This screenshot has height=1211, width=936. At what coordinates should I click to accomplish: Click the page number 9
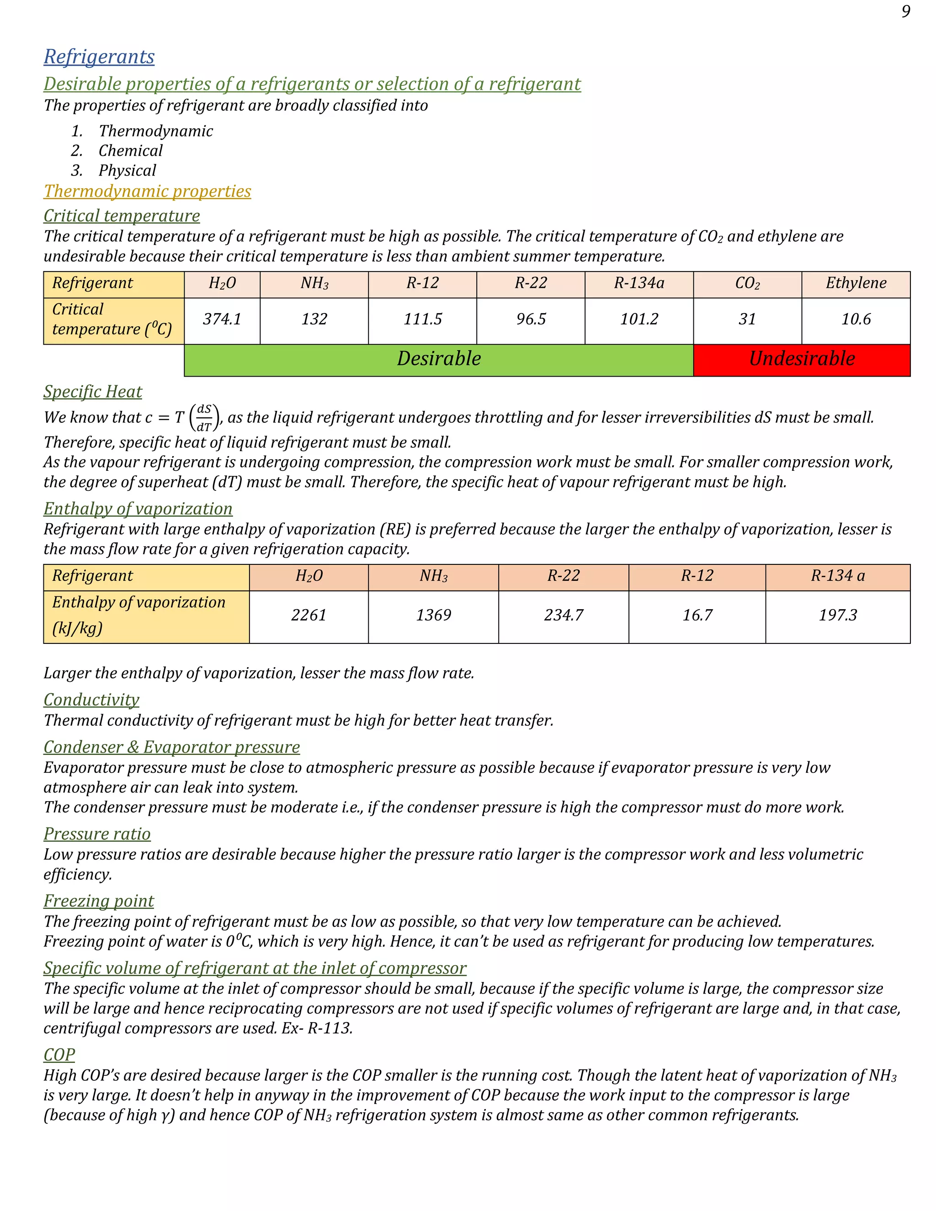point(905,11)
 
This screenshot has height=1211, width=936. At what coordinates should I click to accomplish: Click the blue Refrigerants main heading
point(99,57)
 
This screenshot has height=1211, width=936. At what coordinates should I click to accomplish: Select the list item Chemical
point(130,151)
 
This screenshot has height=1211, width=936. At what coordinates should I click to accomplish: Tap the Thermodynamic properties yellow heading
point(147,191)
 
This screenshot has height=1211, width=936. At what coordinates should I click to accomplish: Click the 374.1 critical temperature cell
point(222,319)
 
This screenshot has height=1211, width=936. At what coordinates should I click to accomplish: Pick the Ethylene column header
point(856,283)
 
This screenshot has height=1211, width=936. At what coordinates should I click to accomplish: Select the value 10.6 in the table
point(856,319)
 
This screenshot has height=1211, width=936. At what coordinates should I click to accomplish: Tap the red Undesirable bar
point(801,359)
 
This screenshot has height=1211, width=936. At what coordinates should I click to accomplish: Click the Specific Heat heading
point(93,392)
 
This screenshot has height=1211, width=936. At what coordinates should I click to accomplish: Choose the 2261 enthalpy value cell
point(308,616)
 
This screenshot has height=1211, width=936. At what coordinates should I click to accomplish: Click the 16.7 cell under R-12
point(697,616)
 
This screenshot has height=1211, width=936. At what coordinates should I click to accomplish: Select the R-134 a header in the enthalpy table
point(837,576)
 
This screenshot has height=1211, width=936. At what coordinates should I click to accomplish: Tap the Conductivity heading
point(91,700)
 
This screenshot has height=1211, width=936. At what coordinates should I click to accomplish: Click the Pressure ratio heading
point(97,834)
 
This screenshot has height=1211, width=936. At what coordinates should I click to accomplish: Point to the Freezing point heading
point(99,901)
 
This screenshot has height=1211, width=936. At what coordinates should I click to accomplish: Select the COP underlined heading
point(59,1055)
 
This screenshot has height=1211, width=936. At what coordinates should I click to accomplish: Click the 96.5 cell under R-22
point(531,319)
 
